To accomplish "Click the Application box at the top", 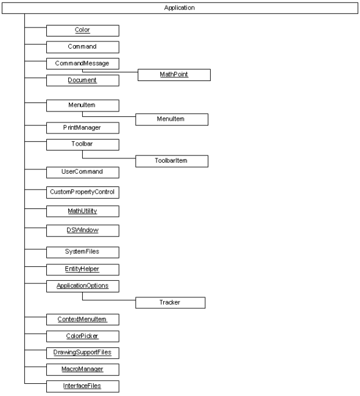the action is [180, 8].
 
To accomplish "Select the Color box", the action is [83, 30].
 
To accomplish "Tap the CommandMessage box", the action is [83, 63].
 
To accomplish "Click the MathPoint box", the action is [174, 75].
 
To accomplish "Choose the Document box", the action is [83, 80].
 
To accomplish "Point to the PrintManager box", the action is [83, 128].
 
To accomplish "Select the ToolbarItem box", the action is [172, 161].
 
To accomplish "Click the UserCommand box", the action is [83, 172].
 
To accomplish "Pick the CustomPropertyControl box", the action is [83, 193].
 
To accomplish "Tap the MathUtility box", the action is [83, 211].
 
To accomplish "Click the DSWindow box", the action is [83, 230].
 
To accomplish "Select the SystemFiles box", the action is [83, 252].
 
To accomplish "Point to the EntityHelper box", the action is [83, 270].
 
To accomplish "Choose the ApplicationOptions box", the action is [83, 286].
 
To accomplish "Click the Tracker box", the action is [170, 303].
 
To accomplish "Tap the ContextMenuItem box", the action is [83, 320].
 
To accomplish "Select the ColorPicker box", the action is [83, 336].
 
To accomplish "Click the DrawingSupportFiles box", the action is [83, 353].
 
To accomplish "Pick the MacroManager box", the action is [83, 370].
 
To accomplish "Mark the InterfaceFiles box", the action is [83, 386].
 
